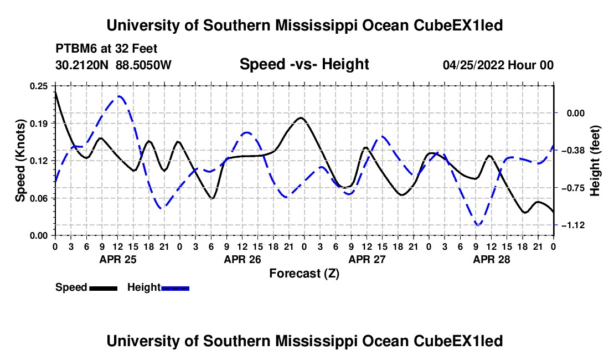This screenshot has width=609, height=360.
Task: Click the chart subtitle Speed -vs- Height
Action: [x=304, y=64]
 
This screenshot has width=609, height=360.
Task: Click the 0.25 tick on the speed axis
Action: [x=39, y=86]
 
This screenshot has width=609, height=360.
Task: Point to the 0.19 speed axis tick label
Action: [x=39, y=124]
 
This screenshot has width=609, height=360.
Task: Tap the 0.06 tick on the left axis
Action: [x=39, y=198]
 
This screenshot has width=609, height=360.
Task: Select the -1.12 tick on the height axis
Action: [x=575, y=225]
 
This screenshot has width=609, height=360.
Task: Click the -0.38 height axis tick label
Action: [x=575, y=150]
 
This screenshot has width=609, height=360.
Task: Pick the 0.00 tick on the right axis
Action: [x=576, y=114]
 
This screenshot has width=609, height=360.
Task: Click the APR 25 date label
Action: [x=118, y=259]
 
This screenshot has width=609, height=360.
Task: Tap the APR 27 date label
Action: [x=367, y=259]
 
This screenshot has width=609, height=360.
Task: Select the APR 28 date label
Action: [x=491, y=259]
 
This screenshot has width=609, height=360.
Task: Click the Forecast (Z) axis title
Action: [x=304, y=274]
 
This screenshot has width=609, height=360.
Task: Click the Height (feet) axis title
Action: [x=595, y=161]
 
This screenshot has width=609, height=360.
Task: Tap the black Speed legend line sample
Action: [x=104, y=288]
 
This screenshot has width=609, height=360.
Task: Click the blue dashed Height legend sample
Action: [x=175, y=288]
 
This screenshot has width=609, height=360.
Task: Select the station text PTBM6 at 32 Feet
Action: [x=106, y=49]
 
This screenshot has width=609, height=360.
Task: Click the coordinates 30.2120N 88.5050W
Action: [x=113, y=65]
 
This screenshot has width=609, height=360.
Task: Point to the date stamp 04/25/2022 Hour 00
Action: [x=498, y=65]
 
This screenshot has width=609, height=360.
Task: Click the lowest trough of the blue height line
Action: [x=478, y=224]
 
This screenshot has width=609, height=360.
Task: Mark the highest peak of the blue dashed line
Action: [x=119, y=96]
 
